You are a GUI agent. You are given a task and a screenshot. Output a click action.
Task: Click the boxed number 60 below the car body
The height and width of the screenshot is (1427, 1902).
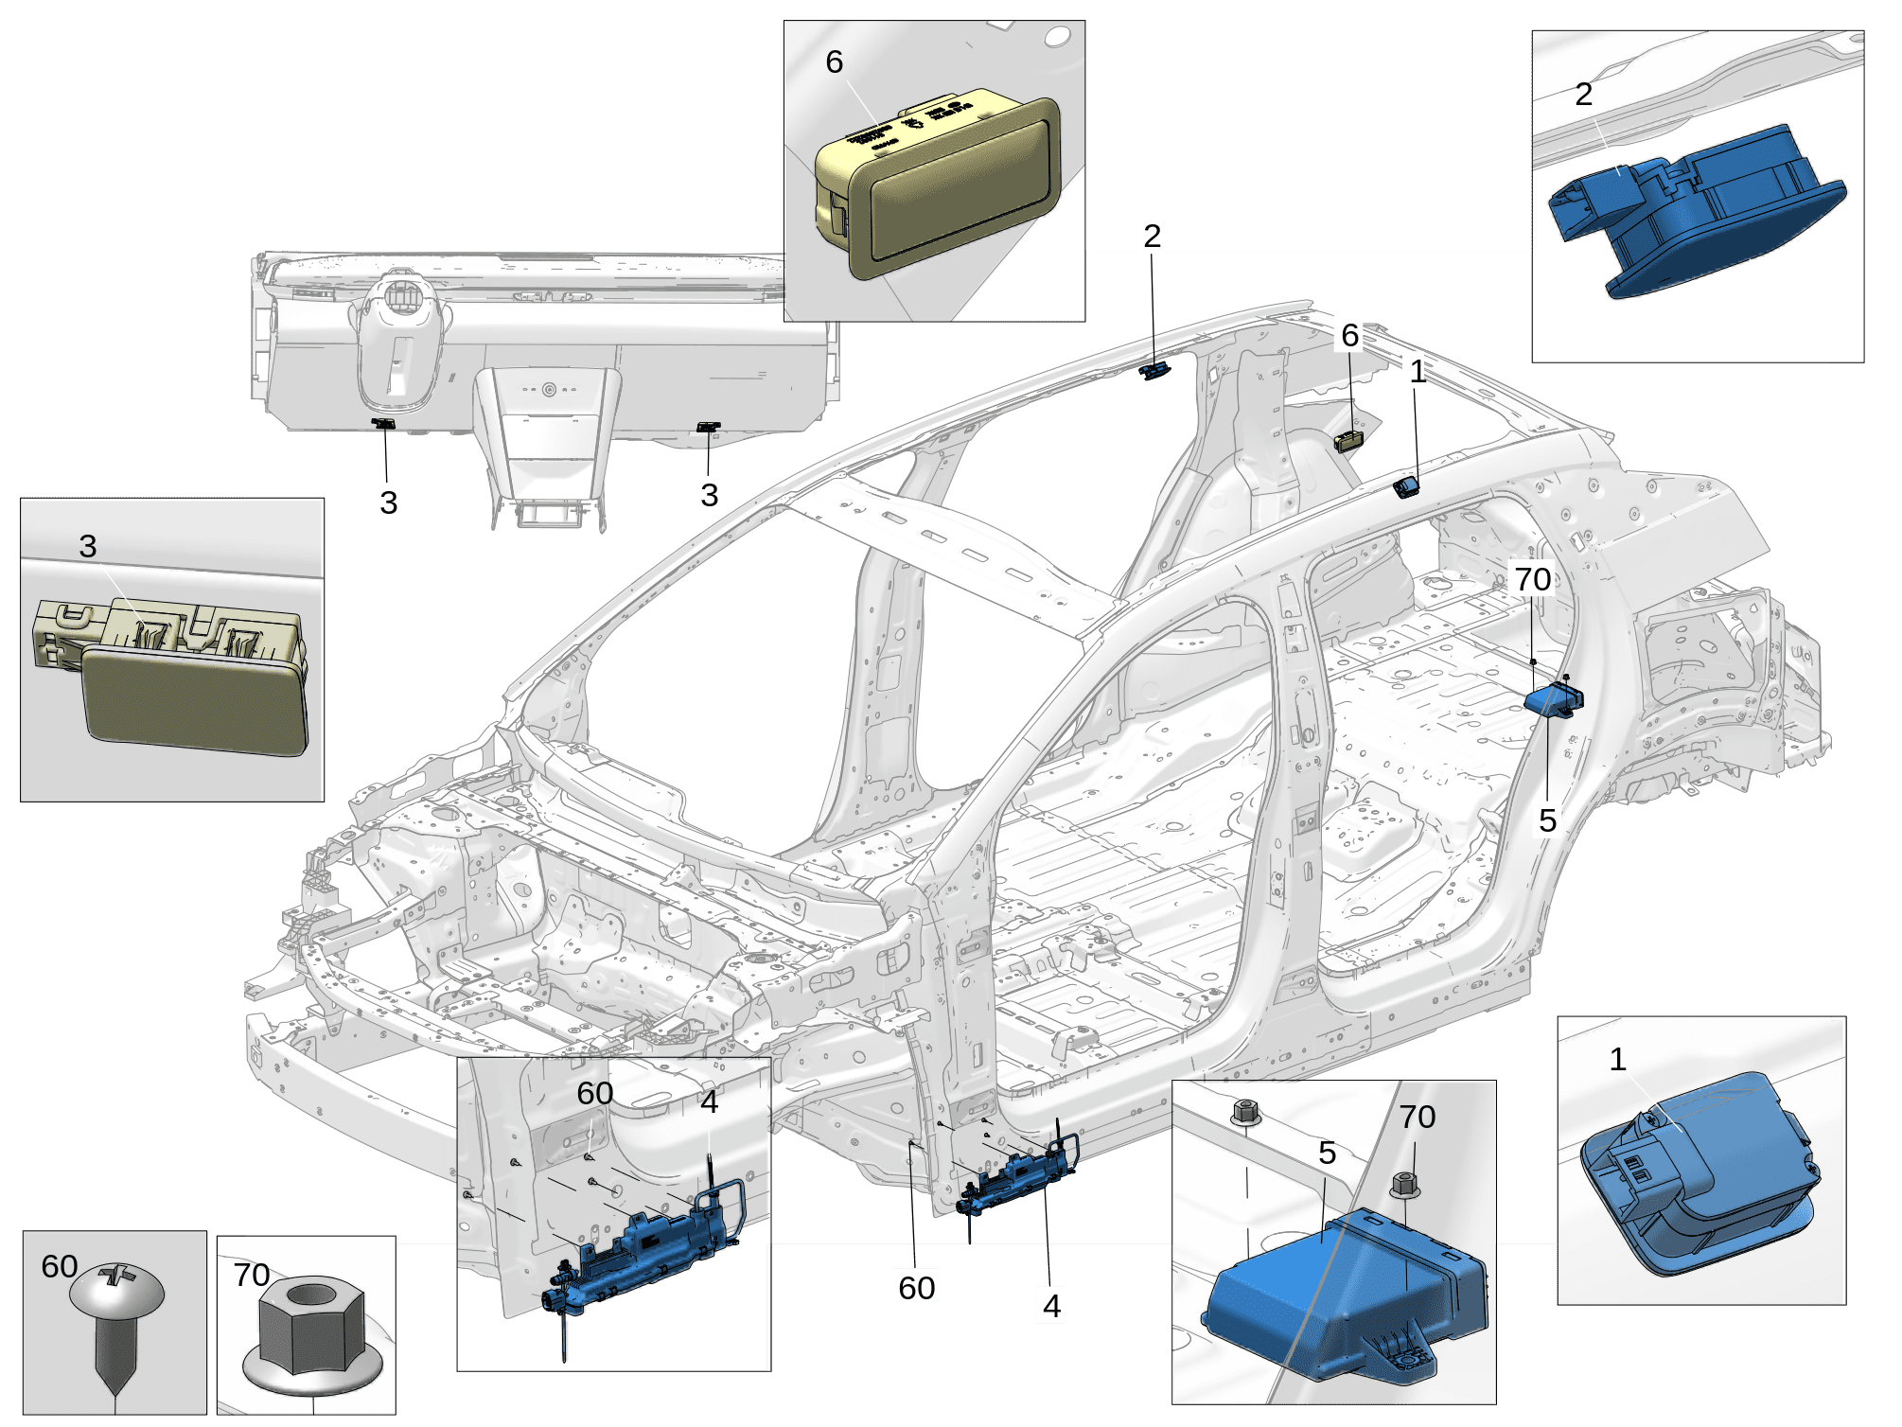tap(916, 1288)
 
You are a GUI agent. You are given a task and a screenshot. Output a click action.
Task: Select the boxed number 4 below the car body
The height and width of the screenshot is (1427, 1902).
tap(1051, 1306)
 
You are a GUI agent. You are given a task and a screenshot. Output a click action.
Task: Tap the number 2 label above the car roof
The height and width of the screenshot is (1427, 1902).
tap(1152, 236)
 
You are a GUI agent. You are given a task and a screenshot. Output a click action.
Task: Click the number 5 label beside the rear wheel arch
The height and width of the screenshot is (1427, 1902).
tap(1547, 820)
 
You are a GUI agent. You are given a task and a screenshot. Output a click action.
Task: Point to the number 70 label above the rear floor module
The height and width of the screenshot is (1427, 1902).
tap(1533, 579)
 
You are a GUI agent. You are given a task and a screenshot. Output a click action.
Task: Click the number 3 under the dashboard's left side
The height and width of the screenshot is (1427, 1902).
tap(388, 502)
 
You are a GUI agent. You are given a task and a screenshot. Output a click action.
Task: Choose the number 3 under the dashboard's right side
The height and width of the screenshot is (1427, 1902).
tap(710, 495)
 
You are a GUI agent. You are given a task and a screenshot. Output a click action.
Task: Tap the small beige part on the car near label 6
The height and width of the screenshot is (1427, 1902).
tap(1349, 441)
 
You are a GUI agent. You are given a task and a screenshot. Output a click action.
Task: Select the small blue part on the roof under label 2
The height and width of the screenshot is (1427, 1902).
tap(1154, 371)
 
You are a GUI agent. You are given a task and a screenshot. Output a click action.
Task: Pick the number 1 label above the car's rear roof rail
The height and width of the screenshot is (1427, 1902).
tap(1418, 373)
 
